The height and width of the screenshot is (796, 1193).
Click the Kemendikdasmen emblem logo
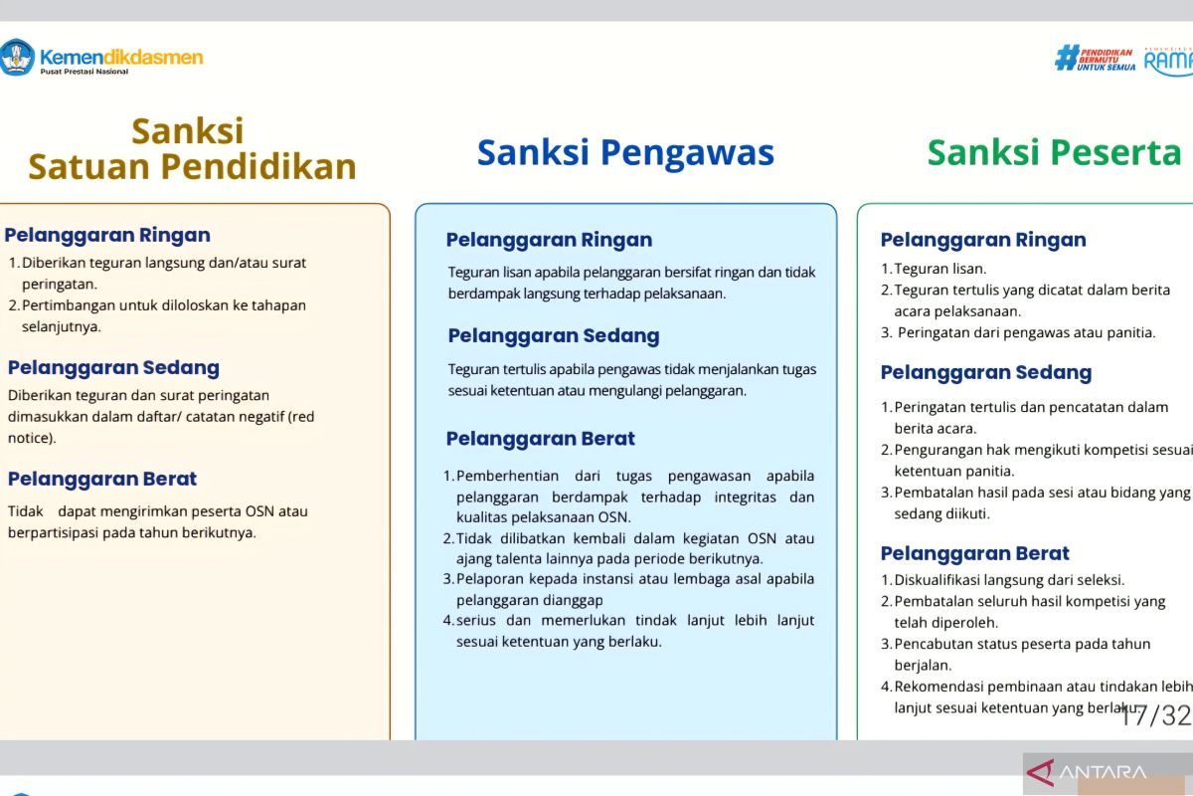point(17,57)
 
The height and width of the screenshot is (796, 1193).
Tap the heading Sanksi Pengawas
point(625,153)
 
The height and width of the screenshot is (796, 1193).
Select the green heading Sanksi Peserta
point(1054,153)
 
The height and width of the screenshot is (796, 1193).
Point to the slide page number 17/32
point(1154,715)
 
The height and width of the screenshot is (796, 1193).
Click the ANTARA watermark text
point(1103,772)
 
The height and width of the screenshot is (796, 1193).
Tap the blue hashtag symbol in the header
point(1066,58)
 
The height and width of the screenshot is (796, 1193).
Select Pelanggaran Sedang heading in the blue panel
point(554,336)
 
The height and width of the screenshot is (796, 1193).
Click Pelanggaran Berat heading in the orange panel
point(102,479)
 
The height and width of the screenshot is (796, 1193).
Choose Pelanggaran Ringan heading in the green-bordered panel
point(983,240)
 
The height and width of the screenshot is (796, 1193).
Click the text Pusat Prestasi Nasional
point(85,72)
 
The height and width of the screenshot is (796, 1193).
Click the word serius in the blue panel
point(475,621)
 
